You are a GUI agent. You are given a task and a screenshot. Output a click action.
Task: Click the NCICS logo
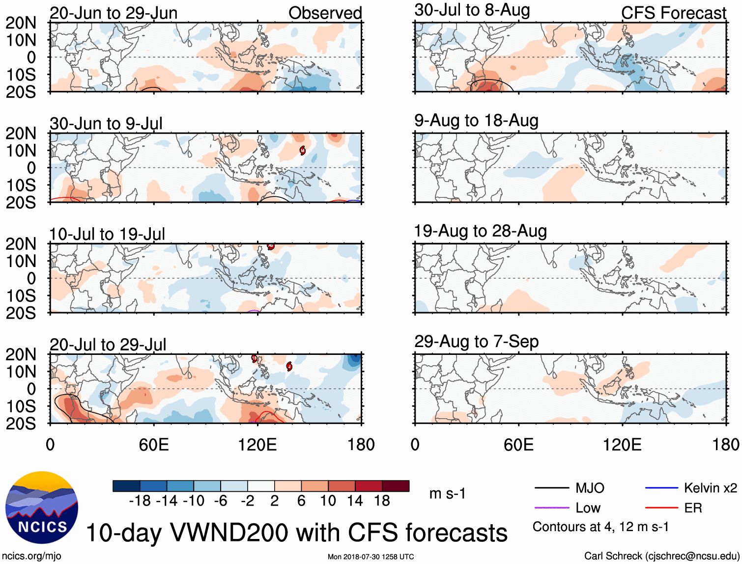click(42, 508)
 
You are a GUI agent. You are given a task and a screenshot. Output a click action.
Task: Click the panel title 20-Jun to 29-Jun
click(114, 13)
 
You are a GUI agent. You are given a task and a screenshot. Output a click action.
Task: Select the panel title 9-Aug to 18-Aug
click(476, 121)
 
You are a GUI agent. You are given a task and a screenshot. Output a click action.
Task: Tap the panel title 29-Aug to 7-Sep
click(476, 342)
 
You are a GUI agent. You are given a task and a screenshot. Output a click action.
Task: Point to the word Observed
click(325, 13)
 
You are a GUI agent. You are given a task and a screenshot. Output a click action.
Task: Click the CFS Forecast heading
click(673, 13)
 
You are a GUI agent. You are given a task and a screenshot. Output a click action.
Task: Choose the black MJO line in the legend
click(551, 488)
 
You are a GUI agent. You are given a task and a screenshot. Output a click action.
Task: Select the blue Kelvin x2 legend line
click(661, 488)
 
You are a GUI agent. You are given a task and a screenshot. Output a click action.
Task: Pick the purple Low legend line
click(551, 508)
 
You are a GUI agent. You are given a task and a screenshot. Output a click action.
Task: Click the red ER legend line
click(661, 508)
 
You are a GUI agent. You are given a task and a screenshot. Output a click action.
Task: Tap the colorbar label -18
click(140, 501)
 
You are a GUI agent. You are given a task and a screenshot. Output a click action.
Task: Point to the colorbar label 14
click(355, 501)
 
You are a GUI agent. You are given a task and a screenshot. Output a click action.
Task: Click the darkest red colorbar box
click(396, 486)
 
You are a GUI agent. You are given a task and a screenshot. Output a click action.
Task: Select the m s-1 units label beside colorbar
click(447, 494)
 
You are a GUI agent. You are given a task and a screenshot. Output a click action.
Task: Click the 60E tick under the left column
click(154, 445)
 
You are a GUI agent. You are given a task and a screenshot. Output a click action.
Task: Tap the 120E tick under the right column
click(622, 445)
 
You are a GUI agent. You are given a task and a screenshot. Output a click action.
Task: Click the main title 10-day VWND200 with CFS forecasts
click(297, 533)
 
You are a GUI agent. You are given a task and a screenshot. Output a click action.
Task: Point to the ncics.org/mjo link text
click(31, 556)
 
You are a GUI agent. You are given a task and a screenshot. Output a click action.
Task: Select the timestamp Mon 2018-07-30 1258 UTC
click(371, 557)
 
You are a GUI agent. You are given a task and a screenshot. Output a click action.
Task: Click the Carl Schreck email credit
click(661, 556)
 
